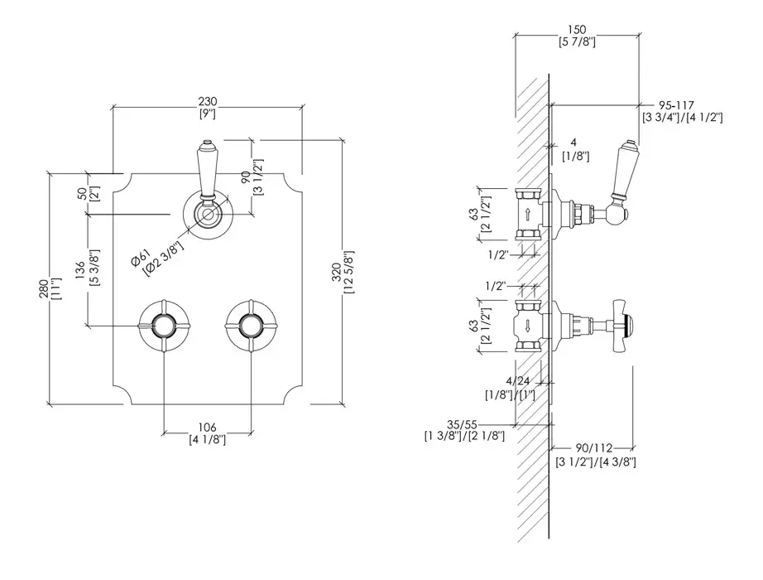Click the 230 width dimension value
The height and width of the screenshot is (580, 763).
pos(207,101)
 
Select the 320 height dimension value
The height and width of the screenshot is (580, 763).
pos(336,272)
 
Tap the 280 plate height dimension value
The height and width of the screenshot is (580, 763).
pos(43,288)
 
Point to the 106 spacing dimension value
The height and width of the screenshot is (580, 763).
pos(207,428)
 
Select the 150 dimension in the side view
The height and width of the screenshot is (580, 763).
pos(577,30)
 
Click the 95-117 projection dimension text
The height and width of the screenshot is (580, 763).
pos(676,104)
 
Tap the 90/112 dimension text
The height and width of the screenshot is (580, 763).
pos(593,448)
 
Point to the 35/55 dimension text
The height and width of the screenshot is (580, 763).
pos(462,424)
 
